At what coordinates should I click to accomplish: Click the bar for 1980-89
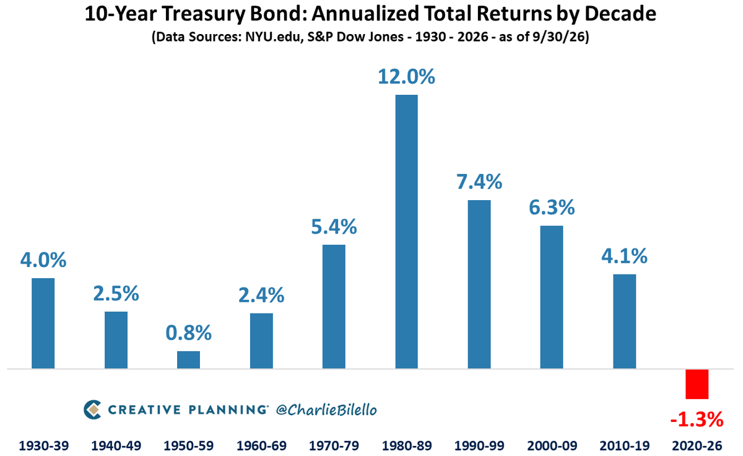tap(406, 232)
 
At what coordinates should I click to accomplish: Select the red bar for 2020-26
tap(697, 384)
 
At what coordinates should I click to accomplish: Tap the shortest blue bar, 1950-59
tap(188, 360)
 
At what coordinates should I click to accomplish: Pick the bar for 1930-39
tap(43, 323)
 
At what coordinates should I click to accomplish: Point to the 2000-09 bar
tap(552, 297)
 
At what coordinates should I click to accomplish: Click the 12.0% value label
tap(406, 77)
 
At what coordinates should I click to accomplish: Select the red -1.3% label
tap(697, 420)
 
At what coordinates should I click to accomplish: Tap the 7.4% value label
tap(479, 182)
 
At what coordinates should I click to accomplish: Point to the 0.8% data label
tap(188, 333)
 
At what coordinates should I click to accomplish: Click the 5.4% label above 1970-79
tap(334, 227)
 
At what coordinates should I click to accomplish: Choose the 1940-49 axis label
tap(116, 445)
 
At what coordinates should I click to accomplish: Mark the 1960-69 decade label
tap(261, 445)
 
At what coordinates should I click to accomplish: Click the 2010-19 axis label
tap(625, 445)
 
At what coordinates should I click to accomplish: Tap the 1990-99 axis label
tap(479, 445)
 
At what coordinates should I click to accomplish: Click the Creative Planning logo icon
tap(92, 410)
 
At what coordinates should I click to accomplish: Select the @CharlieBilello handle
tap(326, 410)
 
